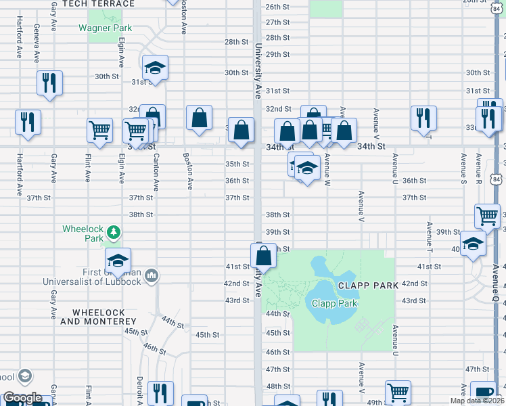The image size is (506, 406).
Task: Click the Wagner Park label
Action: tap(105, 28)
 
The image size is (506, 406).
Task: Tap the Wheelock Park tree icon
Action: tap(115, 233)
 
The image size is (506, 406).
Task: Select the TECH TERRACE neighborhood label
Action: tap(98, 3)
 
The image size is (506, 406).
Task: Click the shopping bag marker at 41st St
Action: tap(262, 256)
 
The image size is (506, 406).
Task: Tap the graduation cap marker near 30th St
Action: tap(155, 68)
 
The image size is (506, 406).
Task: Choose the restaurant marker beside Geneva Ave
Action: tap(49, 83)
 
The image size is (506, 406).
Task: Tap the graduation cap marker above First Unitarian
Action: tap(118, 261)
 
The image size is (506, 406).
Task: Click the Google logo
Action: tap(22, 399)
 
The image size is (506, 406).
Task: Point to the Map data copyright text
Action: tap(478, 401)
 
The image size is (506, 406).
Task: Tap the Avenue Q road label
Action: tap(496, 284)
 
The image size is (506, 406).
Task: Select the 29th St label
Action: tap(278, 54)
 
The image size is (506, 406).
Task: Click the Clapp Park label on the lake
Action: tap(334, 303)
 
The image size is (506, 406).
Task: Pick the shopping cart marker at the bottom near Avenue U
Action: tap(398, 392)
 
